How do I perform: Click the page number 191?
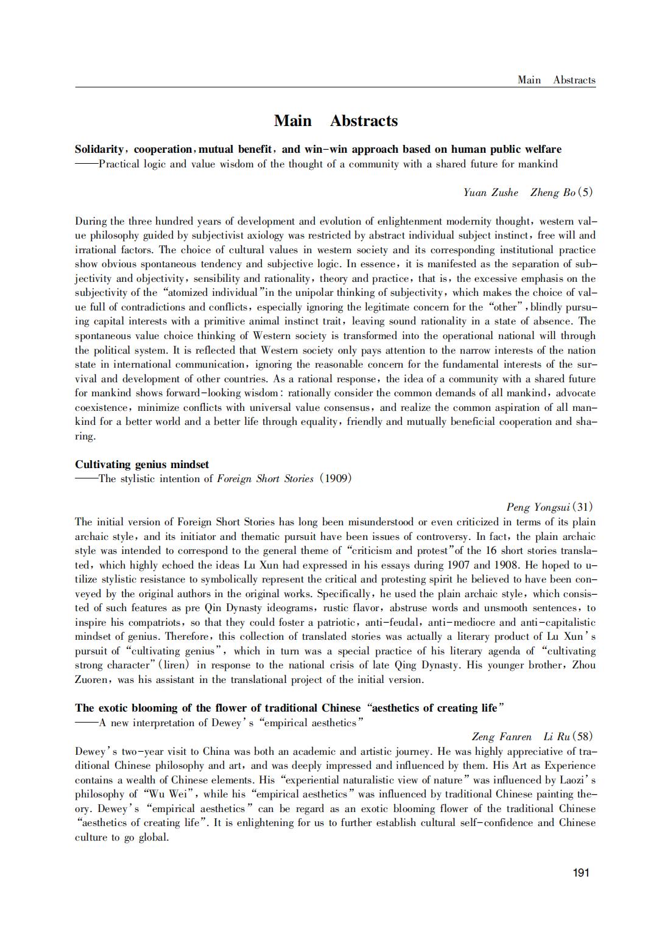coord(581,873)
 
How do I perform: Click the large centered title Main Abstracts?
coord(335,121)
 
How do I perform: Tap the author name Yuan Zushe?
coord(490,192)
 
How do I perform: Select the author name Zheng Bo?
coord(552,192)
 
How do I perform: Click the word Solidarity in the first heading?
coord(99,149)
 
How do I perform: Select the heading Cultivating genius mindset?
coord(142,464)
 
